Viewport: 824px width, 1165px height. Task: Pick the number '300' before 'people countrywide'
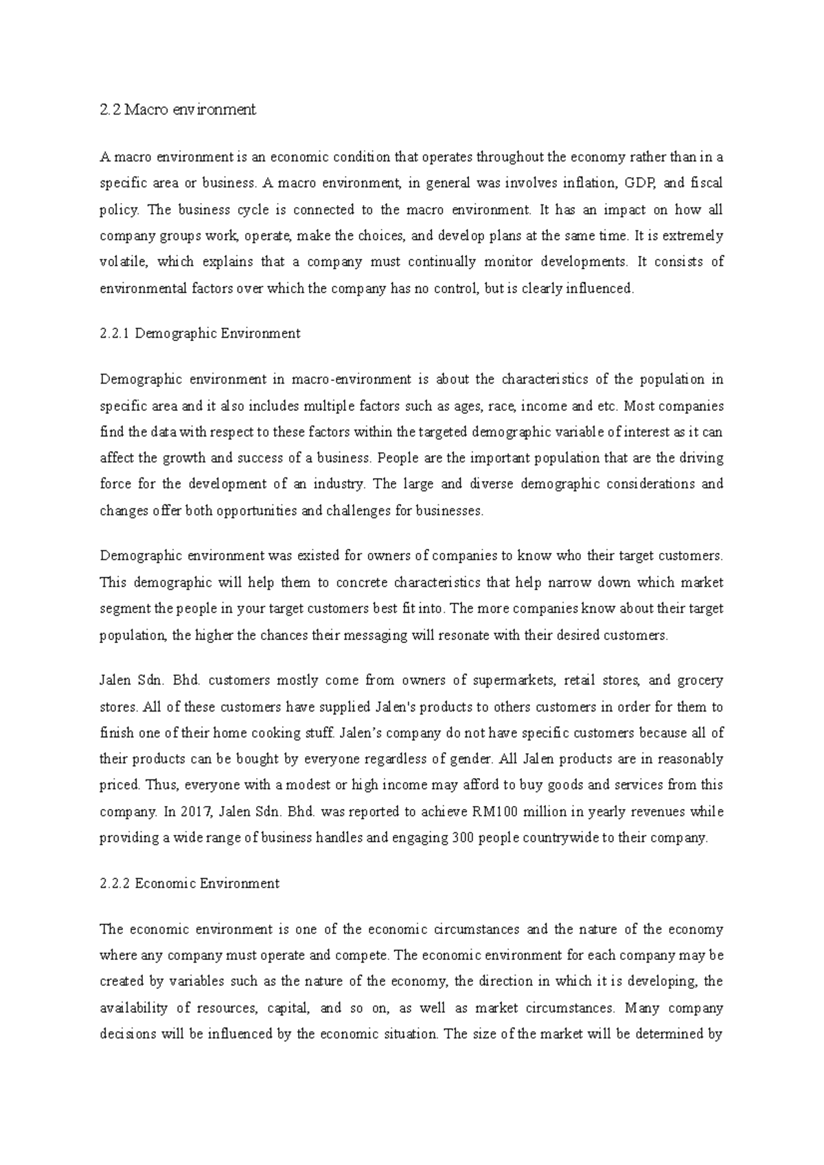tap(464, 838)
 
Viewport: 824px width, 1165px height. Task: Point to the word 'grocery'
tap(700, 681)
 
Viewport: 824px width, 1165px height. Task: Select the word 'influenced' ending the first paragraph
tap(599, 289)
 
